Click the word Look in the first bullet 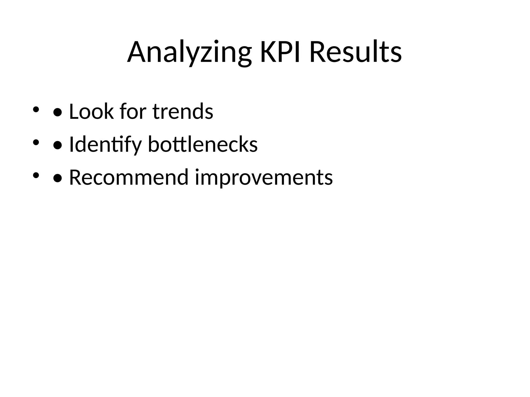point(91,111)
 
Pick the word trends point(183,111)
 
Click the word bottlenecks point(203,144)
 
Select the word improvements point(264,178)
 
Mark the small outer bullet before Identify point(36,142)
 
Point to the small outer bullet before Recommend point(36,175)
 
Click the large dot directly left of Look point(57,112)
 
